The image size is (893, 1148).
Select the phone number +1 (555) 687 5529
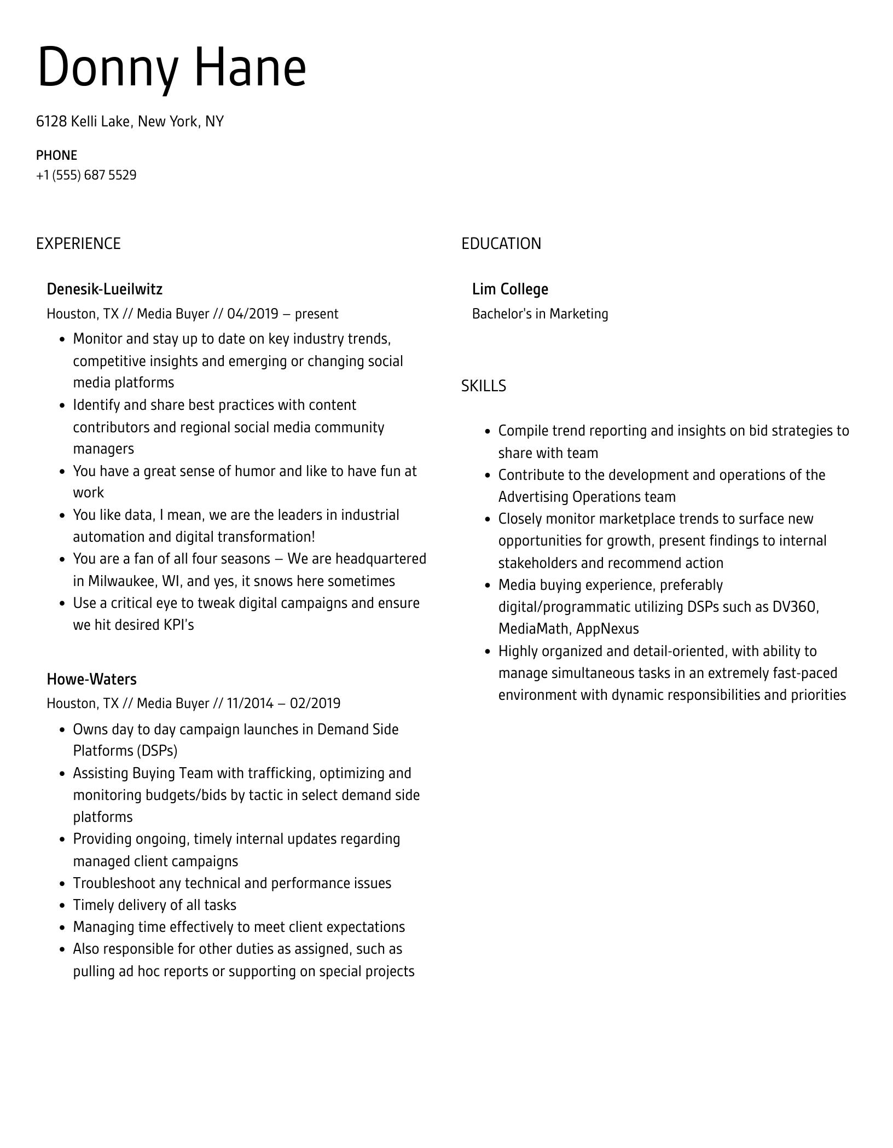pyautogui.click(x=86, y=175)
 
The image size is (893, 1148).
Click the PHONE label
pyautogui.click(x=56, y=155)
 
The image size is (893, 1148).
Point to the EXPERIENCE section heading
pyautogui.click(x=78, y=243)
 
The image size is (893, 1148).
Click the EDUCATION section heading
pyautogui.click(x=501, y=243)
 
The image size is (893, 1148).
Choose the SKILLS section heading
pyautogui.click(x=483, y=386)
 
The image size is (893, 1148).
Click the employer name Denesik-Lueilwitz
pyautogui.click(x=105, y=289)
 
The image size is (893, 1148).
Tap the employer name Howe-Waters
pyautogui.click(x=91, y=679)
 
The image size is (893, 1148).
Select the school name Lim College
pyautogui.click(x=510, y=289)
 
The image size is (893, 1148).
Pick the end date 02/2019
pyautogui.click(x=315, y=703)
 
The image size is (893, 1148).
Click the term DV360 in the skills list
pyautogui.click(x=795, y=607)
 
